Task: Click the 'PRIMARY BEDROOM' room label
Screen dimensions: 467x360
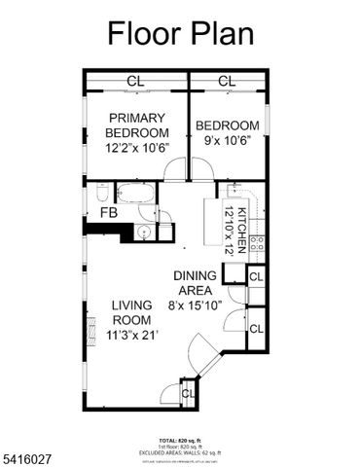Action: [136, 126]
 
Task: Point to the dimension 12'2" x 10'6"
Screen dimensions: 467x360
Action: [136, 149]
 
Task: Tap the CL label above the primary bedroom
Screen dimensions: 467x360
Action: [136, 81]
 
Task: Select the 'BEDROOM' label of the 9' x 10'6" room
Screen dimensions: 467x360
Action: [228, 126]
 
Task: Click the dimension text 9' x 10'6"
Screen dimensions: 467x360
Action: [228, 139]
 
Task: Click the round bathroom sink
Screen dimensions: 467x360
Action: [142, 232]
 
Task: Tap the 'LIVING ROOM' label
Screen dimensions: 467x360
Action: [131, 312]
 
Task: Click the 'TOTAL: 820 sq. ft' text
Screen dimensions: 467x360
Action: [179, 440]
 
